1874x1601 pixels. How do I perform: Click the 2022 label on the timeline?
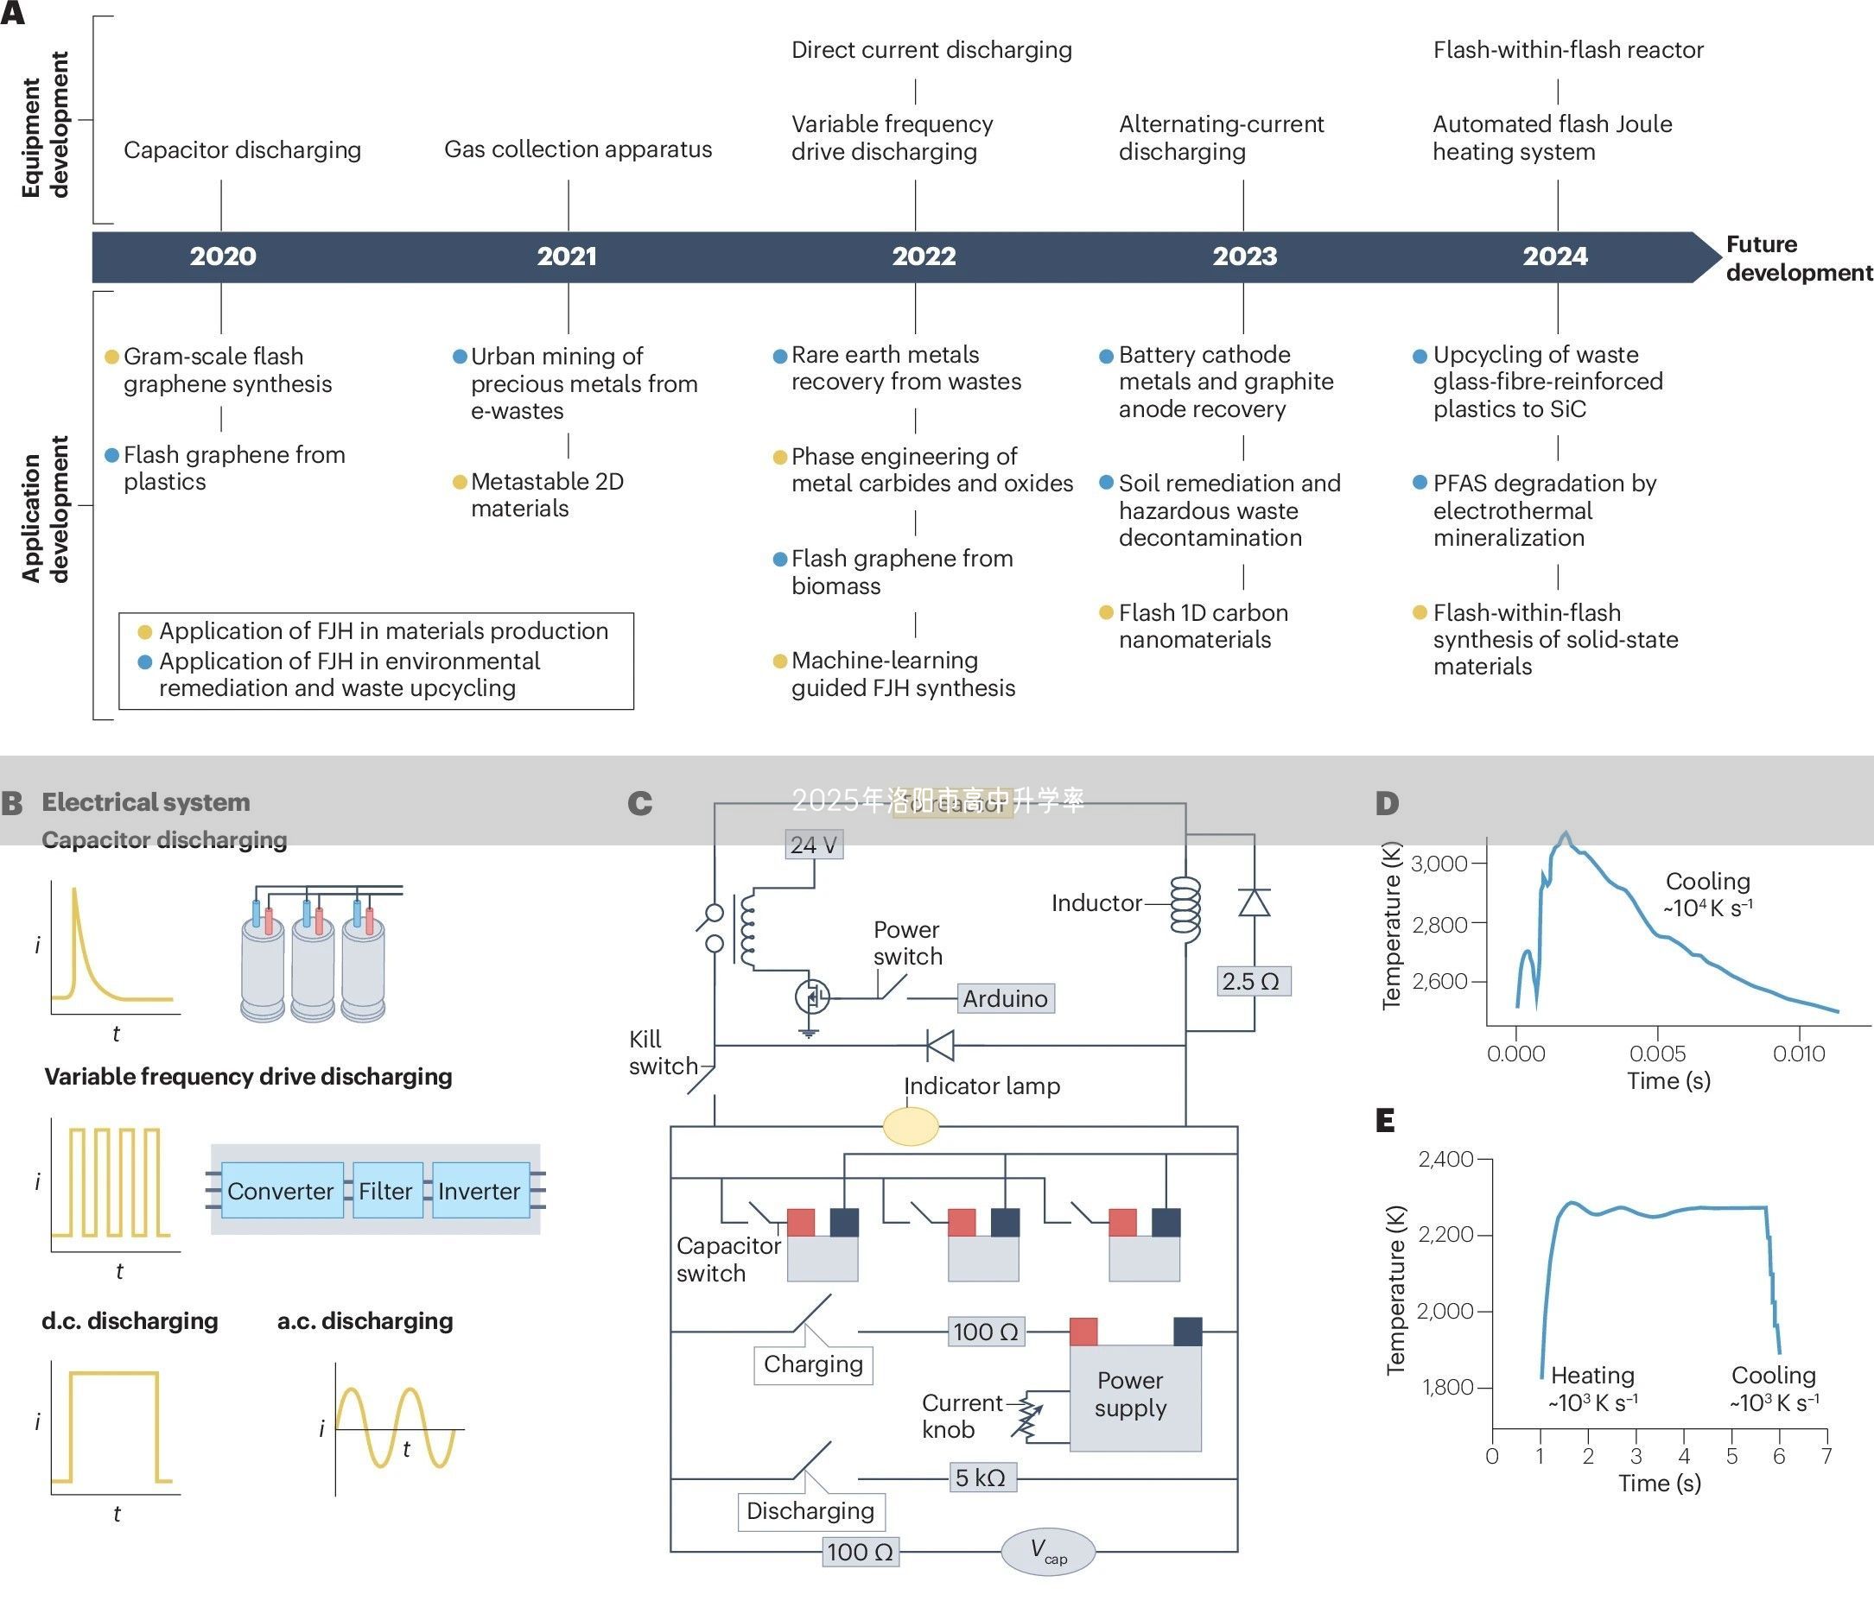coord(924,256)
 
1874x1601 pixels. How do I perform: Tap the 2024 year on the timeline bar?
coord(1554,256)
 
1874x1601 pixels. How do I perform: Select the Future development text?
coord(1798,258)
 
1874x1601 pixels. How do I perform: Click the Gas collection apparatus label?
coord(578,149)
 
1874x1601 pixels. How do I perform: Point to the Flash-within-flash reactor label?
coord(1567,50)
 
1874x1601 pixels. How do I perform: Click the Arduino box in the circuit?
coord(1005,998)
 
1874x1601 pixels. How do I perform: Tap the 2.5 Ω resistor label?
coord(1251,981)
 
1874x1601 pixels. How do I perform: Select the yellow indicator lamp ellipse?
coord(910,1126)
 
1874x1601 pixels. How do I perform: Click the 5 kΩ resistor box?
coord(981,1478)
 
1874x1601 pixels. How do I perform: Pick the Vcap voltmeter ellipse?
coord(1047,1551)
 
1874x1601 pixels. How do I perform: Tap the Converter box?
coord(281,1191)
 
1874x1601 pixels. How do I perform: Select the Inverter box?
coord(480,1191)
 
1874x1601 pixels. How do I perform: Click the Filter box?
coord(385,1191)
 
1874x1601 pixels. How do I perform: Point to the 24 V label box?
coord(813,845)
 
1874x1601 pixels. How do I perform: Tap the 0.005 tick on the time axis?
coord(1657,1054)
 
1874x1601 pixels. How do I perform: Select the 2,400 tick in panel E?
coord(1445,1159)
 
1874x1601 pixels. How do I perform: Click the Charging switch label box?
coord(813,1364)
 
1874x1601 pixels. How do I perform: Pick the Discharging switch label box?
coord(810,1510)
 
